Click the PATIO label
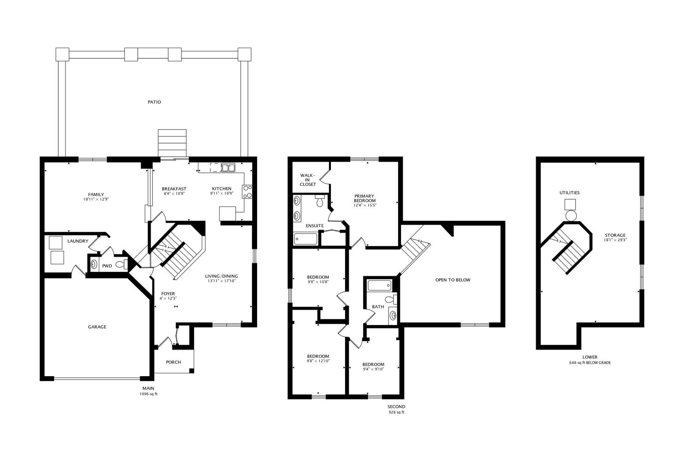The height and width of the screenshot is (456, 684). pos(154,102)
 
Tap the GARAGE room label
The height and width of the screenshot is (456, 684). pos(97,327)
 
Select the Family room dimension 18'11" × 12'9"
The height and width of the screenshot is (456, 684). pos(96,199)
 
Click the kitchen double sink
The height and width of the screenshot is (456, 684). pos(228,168)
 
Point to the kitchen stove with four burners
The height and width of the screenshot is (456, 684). pos(247,192)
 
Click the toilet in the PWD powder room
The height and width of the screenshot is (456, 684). pos(122,264)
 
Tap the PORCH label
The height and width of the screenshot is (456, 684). pos(174,362)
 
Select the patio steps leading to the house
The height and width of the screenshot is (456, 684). pos(172,143)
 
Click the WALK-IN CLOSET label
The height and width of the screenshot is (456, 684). pos(307,180)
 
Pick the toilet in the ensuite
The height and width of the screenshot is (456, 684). pos(320,201)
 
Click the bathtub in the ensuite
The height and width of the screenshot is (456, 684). pos(306,239)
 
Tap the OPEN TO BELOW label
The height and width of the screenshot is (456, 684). pos(453,280)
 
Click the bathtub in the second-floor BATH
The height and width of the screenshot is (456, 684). pos(380,285)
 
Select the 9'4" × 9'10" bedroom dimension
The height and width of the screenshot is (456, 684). pos(373,369)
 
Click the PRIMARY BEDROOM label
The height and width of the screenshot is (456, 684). pos(365,198)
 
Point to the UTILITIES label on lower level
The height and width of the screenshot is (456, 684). pos(570,193)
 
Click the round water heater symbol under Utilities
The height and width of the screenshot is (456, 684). pos(570,216)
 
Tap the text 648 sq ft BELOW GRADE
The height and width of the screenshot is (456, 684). pos(590,363)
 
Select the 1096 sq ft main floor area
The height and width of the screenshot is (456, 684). pos(148,394)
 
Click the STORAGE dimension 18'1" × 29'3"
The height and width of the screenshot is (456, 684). pos(615,240)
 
